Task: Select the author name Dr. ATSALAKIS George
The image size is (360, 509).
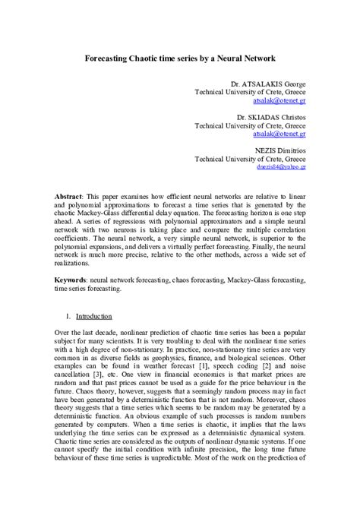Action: click(262, 82)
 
